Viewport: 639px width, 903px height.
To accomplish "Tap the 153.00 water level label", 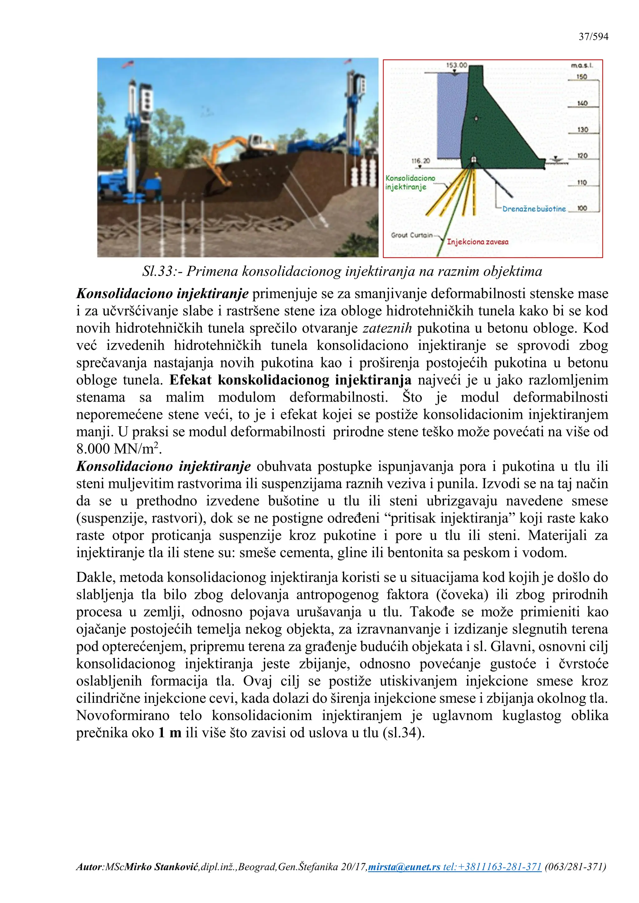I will point(456,65).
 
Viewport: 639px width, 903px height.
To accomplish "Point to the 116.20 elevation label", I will point(421,161).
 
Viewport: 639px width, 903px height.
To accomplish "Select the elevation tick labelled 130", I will point(582,129).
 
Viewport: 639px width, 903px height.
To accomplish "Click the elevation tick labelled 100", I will point(582,208).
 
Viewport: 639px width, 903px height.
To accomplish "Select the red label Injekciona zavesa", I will point(477,242).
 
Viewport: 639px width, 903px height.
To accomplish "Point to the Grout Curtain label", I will point(411,235).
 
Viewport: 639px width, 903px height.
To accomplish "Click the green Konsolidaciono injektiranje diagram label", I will point(410,182).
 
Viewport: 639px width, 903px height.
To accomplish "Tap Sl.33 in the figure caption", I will point(158,271).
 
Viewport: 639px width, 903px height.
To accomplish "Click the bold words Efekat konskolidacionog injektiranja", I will point(290,380).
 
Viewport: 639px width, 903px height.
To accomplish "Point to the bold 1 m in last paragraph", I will point(170,733).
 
